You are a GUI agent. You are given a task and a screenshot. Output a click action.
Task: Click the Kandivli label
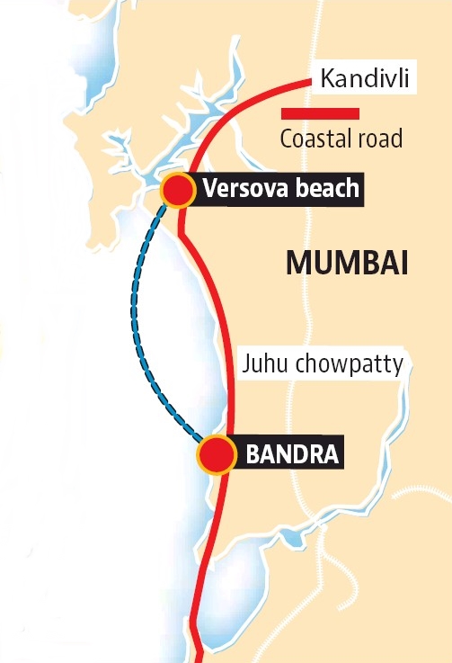(364, 82)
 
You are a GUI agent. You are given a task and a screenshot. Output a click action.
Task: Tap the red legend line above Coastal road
(321, 114)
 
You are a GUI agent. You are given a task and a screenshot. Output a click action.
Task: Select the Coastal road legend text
(341, 139)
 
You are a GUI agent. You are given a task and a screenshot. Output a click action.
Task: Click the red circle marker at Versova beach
(178, 190)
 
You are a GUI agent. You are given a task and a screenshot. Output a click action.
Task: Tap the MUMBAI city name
(347, 264)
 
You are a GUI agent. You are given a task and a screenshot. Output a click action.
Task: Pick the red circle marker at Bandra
(216, 454)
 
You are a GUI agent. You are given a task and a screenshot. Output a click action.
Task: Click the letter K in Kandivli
(326, 82)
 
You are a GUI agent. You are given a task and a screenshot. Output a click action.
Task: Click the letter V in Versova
(209, 189)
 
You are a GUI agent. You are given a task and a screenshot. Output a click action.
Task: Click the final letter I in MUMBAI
(403, 264)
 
